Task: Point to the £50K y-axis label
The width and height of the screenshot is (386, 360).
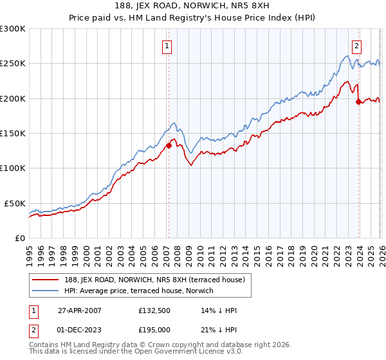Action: click(x=15, y=203)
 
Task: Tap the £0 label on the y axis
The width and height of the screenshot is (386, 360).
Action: click(x=19, y=238)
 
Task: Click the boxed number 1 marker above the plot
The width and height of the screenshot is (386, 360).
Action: click(x=167, y=46)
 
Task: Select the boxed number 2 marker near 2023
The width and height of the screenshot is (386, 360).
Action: click(x=356, y=46)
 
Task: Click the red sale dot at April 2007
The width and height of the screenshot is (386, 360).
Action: click(x=169, y=145)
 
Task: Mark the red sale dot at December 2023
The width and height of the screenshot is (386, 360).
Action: click(x=358, y=102)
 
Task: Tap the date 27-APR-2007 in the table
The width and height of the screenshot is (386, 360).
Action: click(x=79, y=310)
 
